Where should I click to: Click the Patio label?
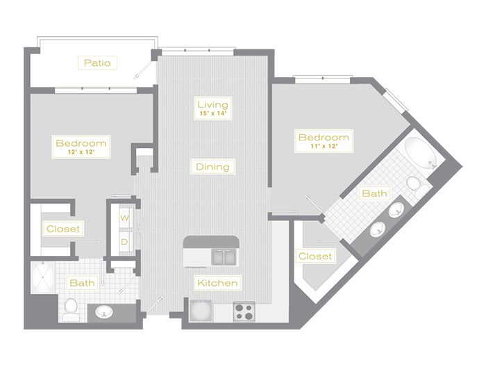coord(97,63)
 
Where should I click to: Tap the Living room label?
coord(212,104)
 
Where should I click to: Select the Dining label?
coord(212,167)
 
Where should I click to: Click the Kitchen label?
coord(217,283)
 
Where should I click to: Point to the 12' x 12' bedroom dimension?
coord(81,152)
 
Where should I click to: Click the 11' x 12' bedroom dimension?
coord(324,146)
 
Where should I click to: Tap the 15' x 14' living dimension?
coord(212,113)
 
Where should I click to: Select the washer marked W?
coord(125,218)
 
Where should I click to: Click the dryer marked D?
coord(125,242)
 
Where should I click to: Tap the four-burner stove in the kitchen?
coord(244,311)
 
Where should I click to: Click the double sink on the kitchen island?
coord(224,257)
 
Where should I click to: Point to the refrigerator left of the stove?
coord(201,311)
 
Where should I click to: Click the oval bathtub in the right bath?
coord(421,154)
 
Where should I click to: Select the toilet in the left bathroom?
coord(71,309)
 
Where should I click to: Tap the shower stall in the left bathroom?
coord(42,277)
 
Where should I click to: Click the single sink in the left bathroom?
coord(104,311)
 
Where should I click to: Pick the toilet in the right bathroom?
coord(417,185)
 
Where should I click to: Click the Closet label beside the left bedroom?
coord(63,229)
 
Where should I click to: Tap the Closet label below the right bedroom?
coord(315,256)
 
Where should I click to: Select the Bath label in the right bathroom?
coord(374,194)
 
